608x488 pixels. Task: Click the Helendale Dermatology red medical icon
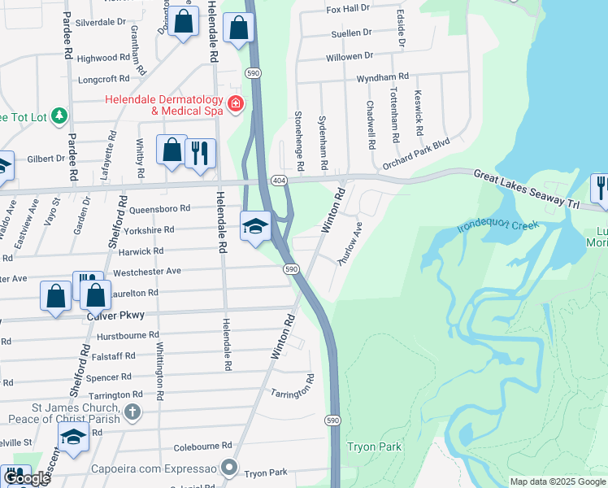[x=236, y=103]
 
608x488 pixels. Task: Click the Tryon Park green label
[x=374, y=447]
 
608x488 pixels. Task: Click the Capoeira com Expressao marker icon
[x=230, y=468]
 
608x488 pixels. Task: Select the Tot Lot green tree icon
[x=59, y=117]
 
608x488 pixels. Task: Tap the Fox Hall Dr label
[x=348, y=9]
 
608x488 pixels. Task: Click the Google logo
[x=26, y=478]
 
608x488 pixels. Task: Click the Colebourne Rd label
[x=202, y=446]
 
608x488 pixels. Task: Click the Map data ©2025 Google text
[x=557, y=481]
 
